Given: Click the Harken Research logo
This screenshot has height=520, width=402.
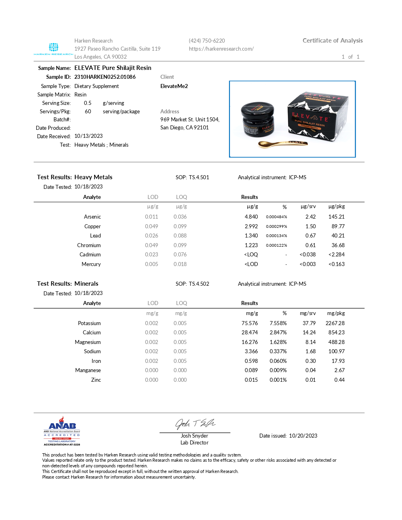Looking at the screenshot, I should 53,49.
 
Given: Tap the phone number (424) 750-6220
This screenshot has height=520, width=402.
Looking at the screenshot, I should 207,41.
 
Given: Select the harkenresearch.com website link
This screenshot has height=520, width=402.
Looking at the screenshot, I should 221,49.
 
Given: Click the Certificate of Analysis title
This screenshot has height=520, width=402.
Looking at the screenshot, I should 332,40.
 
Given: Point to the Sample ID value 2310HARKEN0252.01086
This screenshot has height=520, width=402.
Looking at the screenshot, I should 105,77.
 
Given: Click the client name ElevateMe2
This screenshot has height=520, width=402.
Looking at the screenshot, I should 174,86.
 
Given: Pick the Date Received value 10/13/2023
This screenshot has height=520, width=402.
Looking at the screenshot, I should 88,136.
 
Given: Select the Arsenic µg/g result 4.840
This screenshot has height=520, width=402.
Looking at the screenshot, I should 251,217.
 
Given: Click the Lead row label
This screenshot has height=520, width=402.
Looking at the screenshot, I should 95,235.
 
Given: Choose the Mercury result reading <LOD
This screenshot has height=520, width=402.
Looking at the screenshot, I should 251,264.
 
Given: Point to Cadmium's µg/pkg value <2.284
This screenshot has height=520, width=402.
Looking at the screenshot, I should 336,254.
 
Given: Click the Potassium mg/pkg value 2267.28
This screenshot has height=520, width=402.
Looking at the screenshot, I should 335,323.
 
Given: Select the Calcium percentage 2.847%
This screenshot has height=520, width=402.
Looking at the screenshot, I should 278,332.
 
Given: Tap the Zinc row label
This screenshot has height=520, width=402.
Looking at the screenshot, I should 96,380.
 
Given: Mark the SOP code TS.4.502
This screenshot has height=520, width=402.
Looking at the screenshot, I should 199,284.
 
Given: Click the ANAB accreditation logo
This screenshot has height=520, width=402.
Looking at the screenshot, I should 62,431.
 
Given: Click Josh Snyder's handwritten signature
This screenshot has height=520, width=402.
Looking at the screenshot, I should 195,424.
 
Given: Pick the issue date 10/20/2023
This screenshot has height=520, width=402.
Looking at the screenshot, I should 303,436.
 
